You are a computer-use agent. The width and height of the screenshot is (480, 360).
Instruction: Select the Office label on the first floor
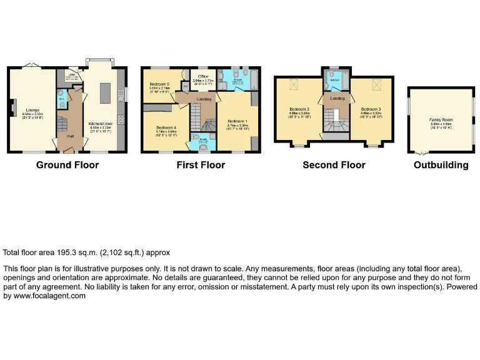click(202, 77)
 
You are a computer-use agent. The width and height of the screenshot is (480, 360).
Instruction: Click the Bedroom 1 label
click(237, 121)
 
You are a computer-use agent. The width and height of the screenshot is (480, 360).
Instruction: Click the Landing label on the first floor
click(203, 99)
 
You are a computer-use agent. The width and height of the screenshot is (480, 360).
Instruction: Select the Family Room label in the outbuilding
click(439, 119)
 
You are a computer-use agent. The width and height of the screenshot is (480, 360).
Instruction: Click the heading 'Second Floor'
click(334, 165)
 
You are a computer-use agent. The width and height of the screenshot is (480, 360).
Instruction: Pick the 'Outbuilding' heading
click(441, 165)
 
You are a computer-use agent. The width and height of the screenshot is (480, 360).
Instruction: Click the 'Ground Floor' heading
click(67, 165)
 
